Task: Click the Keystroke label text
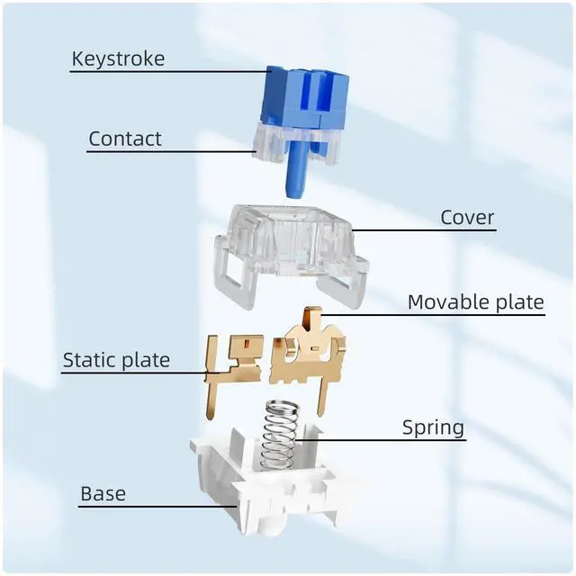[118, 60]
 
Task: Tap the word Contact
[125, 139]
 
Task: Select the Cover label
[467, 218]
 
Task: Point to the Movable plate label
[475, 301]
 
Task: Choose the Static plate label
[116, 361]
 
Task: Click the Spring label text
[433, 427]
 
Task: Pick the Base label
[103, 493]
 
